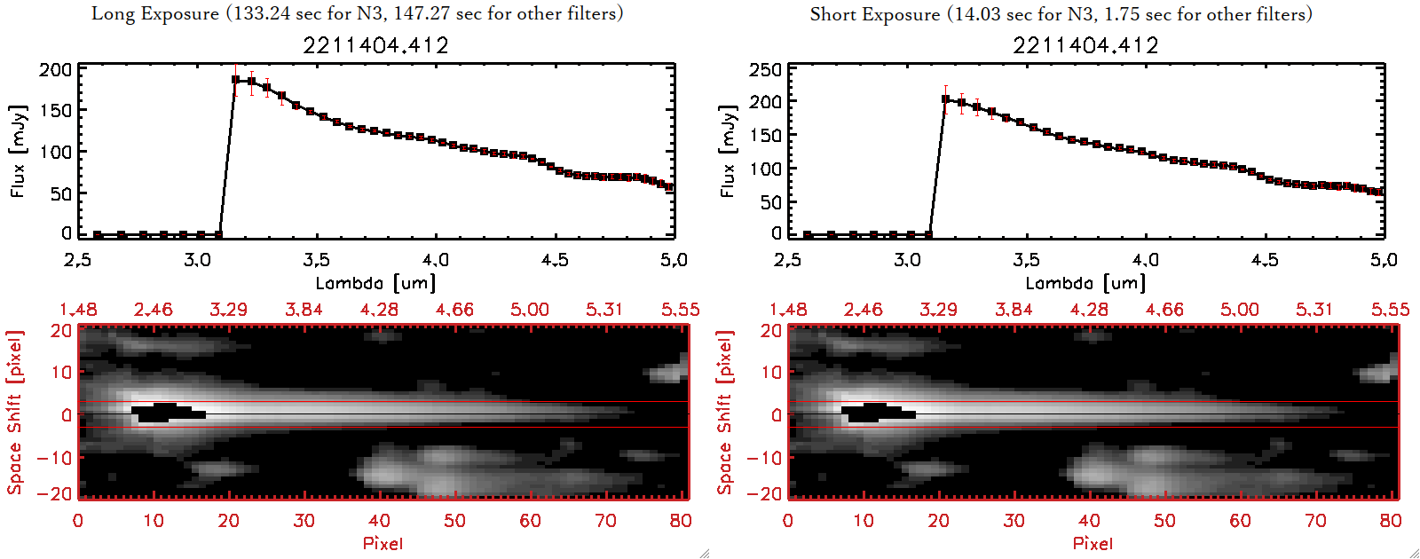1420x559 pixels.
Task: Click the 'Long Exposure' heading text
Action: click(x=155, y=13)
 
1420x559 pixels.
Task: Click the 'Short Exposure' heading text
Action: click(x=874, y=14)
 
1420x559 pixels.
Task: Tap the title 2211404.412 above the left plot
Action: click(x=375, y=45)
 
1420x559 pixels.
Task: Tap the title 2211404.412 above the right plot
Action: click(x=1085, y=45)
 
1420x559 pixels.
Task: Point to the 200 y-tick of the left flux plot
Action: click(x=55, y=69)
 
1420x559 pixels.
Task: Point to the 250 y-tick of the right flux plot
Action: click(x=765, y=69)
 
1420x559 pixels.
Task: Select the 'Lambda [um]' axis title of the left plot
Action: click(x=375, y=283)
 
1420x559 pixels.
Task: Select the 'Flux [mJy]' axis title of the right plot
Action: click(x=729, y=151)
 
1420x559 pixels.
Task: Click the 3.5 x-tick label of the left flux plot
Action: click(x=316, y=260)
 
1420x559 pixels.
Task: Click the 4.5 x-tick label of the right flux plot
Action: click(x=1265, y=260)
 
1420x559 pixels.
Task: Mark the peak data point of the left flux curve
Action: click(x=236, y=80)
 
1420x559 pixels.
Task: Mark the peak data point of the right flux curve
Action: click(x=946, y=98)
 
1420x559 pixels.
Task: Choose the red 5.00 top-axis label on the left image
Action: click(x=530, y=310)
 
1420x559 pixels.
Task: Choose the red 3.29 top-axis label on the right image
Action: click(x=938, y=310)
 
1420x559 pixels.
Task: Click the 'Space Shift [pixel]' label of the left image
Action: click(x=15, y=413)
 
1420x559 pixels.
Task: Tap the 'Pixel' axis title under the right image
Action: click(x=1093, y=543)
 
